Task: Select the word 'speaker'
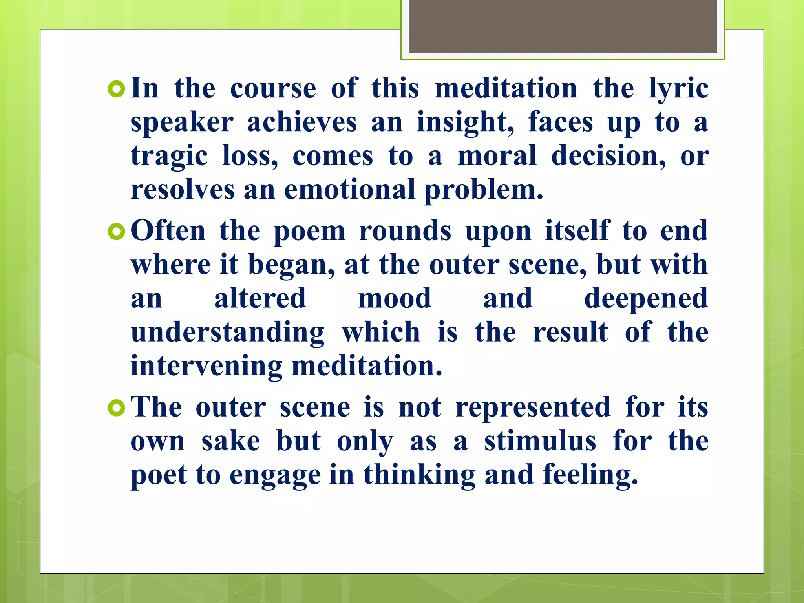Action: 182,122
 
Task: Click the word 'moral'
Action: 497,156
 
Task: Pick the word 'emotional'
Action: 349,190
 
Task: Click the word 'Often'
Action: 168,231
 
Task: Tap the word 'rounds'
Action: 405,231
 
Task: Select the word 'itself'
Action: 577,231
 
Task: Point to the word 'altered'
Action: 260,298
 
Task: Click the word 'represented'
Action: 533,407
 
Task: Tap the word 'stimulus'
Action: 540,441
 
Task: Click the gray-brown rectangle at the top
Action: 563,26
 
